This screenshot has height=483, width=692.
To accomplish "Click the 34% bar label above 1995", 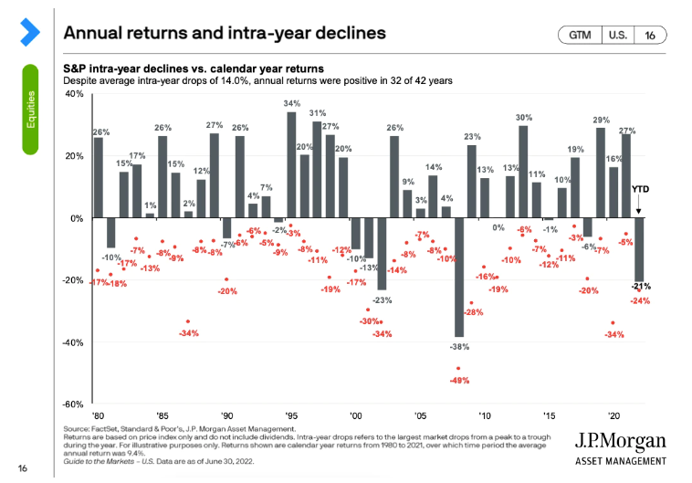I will pos(291,103).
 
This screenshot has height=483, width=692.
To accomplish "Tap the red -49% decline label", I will pos(458,380).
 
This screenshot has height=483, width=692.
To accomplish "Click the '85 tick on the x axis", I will pos(163,414).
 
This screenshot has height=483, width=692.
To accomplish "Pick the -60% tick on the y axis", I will pos(73,404).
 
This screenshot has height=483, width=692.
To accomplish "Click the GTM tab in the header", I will pos(579,35).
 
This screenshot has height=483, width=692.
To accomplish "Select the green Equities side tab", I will pos(32,109).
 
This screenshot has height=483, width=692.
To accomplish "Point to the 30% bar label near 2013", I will pos(524,118).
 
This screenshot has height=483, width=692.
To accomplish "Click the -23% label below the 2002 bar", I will pos(382,300).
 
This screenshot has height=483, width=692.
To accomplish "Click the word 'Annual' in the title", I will pos(97,33).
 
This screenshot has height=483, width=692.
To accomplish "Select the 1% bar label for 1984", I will pos(150,205).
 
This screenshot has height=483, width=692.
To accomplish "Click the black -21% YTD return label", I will pos(640,287).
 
